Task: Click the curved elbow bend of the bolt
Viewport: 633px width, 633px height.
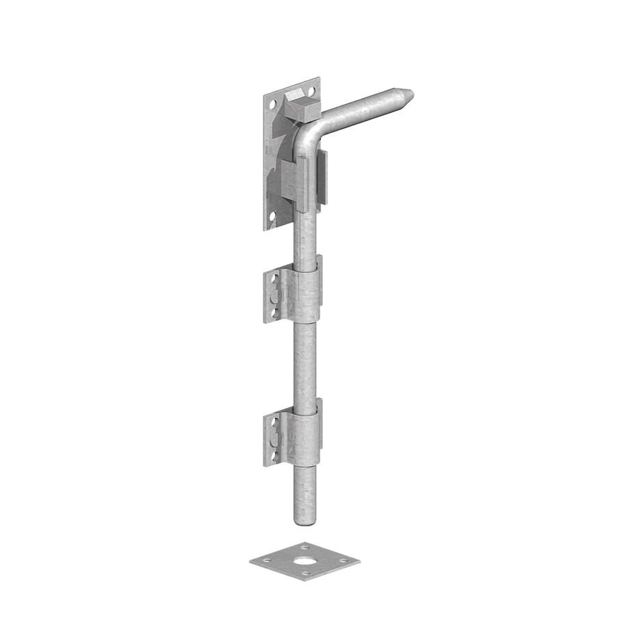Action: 305,137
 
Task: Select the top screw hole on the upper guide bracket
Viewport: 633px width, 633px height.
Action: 276,281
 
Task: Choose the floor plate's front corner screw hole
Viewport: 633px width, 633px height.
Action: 305,574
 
